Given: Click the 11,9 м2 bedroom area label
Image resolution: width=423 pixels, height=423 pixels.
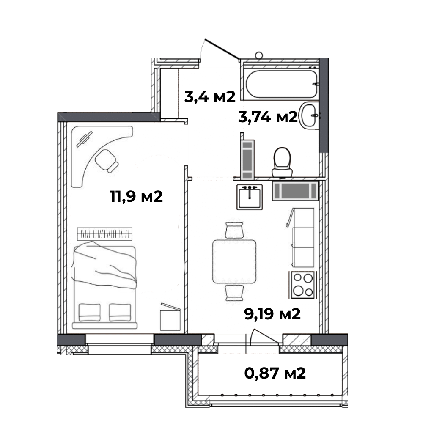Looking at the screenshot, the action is point(136,196).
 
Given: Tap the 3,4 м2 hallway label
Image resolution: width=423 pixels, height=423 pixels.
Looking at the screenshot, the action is point(210,96).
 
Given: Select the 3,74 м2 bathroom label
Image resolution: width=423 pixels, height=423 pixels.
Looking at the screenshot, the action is point(268,117).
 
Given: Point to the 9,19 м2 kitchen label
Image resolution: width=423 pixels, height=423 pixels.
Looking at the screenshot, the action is point(272,314).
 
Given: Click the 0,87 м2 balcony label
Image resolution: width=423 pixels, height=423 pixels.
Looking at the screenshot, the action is point(275,374).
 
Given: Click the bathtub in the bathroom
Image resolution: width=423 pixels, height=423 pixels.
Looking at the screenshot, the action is point(281,84).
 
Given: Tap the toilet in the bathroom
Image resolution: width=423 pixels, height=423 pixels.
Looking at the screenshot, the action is point(282,162).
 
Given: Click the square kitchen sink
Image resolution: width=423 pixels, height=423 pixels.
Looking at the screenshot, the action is point(250,197).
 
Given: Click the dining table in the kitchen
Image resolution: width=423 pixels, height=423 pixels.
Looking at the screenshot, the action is point(234,261).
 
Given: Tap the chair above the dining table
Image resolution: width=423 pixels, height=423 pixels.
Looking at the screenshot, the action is point(234,230).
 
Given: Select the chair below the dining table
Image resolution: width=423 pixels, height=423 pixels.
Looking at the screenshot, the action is point(234,293).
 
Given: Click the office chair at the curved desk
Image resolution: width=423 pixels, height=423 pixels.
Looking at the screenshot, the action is point(107,160).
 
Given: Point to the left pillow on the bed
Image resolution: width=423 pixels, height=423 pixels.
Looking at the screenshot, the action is point(89,313).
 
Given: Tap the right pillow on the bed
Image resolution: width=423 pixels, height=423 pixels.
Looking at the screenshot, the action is point(120,313).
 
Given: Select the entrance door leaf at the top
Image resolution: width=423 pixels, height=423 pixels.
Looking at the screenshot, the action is point(222,49).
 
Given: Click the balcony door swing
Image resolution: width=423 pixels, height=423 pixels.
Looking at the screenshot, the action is point(264,337).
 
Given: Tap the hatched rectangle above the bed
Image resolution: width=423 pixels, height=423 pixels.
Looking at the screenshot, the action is point(104,234).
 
